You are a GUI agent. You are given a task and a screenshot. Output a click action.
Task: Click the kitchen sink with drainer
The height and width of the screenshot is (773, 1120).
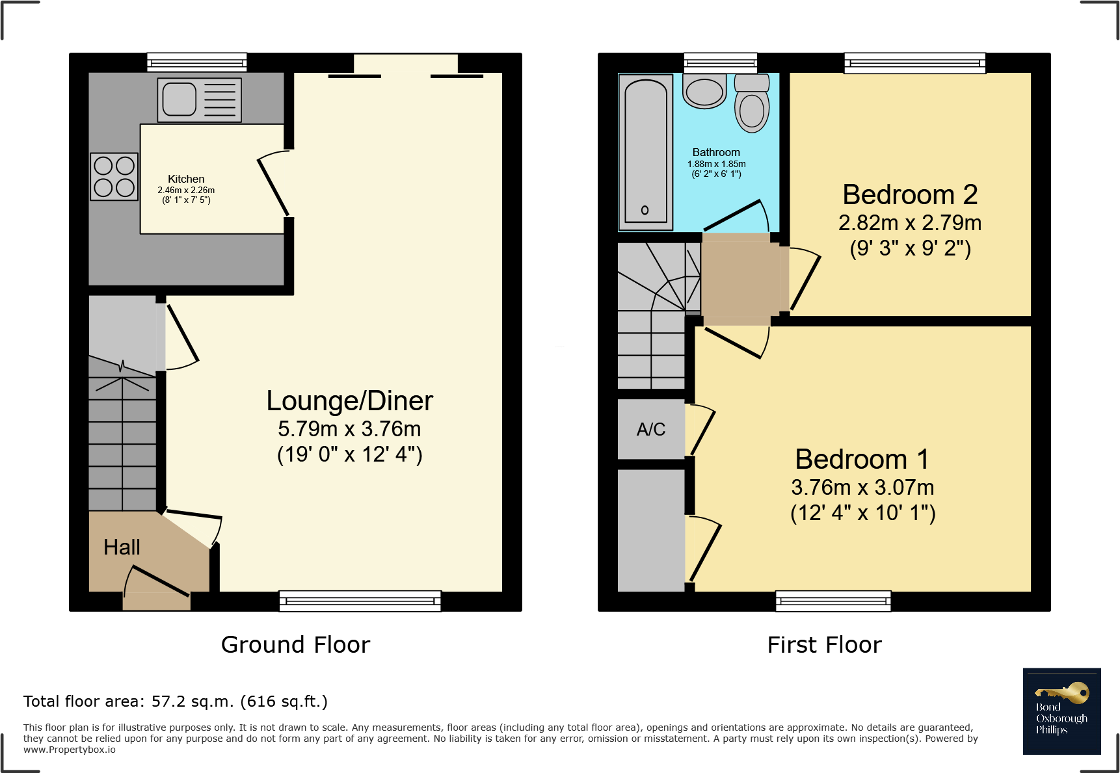[199, 100]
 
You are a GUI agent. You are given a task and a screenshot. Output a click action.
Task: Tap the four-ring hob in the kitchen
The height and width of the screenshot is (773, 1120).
[114, 176]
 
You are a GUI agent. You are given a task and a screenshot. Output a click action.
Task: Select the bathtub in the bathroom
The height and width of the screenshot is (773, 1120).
[646, 152]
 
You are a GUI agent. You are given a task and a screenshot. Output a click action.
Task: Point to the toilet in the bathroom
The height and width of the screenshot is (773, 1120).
[752, 103]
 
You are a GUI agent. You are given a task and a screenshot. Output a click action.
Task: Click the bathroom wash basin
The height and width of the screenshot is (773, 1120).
[704, 91]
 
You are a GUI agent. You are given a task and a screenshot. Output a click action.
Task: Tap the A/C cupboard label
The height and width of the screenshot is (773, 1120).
[651, 429]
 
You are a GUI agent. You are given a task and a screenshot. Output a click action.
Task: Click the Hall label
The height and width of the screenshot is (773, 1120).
[122, 547]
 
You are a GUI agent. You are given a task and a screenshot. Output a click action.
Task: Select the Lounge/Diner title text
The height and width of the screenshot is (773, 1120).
[350, 401]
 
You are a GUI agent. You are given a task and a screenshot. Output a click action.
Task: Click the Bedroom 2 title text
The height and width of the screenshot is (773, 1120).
[910, 194]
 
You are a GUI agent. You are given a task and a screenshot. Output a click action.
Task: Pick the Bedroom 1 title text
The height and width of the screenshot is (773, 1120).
[862, 459]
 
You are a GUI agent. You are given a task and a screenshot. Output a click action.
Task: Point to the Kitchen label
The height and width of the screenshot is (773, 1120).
[186, 179]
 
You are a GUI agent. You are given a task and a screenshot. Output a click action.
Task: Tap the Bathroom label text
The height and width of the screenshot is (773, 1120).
[716, 152]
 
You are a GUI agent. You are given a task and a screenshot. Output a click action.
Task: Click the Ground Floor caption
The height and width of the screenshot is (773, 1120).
[295, 645]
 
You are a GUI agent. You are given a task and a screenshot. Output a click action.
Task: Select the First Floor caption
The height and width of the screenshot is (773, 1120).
[825, 645]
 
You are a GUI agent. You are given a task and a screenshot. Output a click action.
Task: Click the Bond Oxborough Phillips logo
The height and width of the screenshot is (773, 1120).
[1062, 711]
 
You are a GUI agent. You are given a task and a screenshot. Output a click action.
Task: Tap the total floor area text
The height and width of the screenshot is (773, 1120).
[176, 701]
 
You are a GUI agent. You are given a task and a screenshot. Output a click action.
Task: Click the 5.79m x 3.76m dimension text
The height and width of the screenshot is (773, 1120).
[350, 429]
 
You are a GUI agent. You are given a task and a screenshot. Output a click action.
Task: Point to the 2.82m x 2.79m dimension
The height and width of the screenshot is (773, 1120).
[910, 223]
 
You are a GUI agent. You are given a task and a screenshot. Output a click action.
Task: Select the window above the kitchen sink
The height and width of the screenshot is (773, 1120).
[197, 62]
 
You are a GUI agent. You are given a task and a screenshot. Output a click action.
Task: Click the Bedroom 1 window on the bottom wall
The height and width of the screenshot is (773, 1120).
[833, 601]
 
